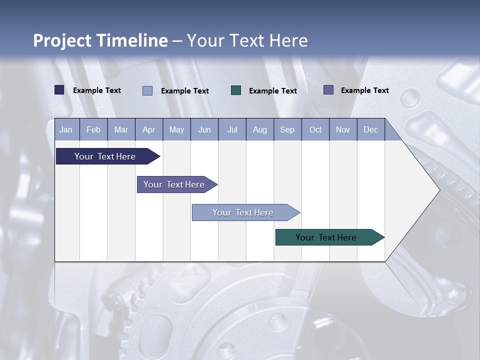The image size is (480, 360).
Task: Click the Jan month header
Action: click(66, 129)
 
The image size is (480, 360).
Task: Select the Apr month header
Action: click(149, 129)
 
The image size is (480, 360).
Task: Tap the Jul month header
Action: click(232, 129)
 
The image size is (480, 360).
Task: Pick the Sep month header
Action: click(287, 129)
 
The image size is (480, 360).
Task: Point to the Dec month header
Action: click(370, 129)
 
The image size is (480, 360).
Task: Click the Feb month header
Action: click(93, 129)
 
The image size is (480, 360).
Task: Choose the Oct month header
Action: click(315, 129)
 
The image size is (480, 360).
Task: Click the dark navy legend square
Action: click(59, 90)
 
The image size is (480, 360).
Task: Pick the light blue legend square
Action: click(147, 90)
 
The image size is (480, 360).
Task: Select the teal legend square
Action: click(236, 90)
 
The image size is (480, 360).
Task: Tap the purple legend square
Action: click(328, 90)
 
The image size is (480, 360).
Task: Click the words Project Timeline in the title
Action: click(100, 40)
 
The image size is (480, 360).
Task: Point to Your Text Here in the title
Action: click(247, 40)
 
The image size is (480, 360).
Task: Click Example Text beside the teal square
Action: click(273, 91)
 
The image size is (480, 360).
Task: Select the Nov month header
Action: click(343, 129)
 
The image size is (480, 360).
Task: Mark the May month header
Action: click(176, 129)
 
